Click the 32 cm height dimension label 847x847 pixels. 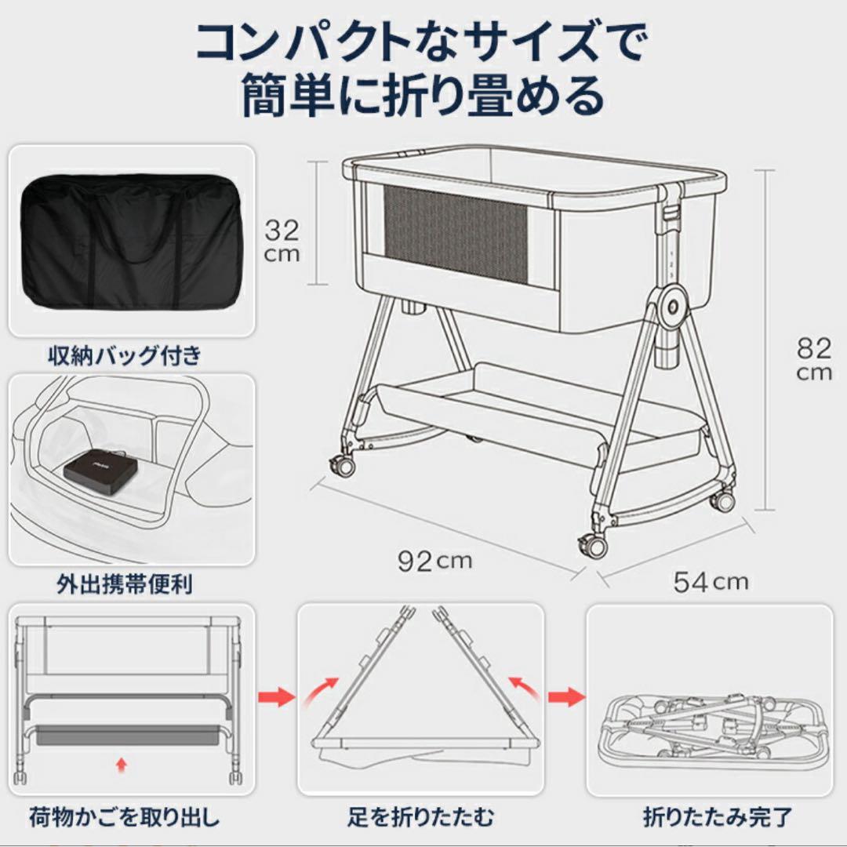coord(282,242)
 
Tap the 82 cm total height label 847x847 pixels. coord(813,358)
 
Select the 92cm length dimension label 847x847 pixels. coord(434,561)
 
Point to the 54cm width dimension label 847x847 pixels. coord(711,581)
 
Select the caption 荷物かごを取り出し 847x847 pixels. coord(125,819)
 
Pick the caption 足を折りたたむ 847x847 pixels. coord(421,819)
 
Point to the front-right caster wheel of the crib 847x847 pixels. coord(592,544)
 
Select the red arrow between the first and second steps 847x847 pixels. coord(276,695)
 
